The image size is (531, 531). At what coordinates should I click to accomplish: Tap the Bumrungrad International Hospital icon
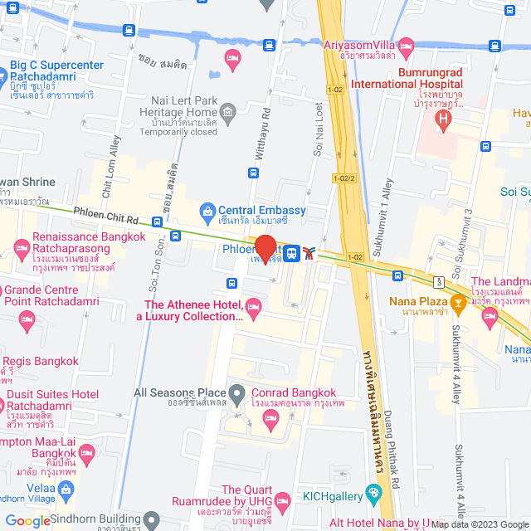point(443,119)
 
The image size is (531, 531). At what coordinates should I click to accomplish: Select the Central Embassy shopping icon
point(207,210)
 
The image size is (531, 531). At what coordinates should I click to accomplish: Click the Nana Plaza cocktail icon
point(456,304)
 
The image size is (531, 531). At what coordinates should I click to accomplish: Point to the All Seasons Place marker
point(237,392)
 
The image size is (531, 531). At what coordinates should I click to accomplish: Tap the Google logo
point(27,521)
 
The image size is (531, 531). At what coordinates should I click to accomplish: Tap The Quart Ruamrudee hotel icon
point(282,499)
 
